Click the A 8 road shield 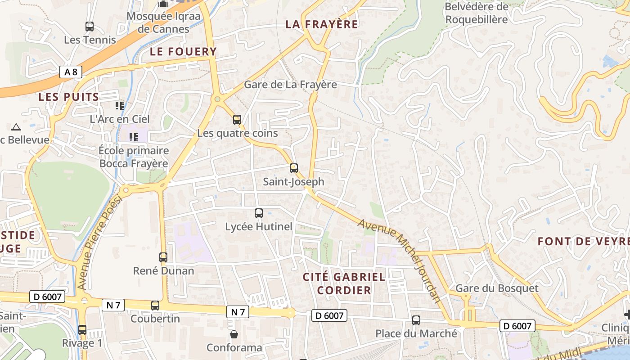pyautogui.click(x=71, y=72)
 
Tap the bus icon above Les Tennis pyautogui.click(x=90, y=27)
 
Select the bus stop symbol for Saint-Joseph pyautogui.click(x=294, y=168)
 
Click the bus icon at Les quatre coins pyautogui.click(x=237, y=120)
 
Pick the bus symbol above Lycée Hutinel pyautogui.click(x=259, y=213)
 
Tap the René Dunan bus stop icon pyautogui.click(x=163, y=257)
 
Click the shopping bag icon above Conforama pyautogui.click(x=234, y=334)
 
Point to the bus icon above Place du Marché pyautogui.click(x=416, y=320)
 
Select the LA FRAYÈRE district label pyautogui.click(x=322, y=24)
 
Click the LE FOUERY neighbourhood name pyautogui.click(x=183, y=52)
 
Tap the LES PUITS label pyautogui.click(x=68, y=97)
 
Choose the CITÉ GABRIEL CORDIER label pyautogui.click(x=344, y=283)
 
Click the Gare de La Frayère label pyautogui.click(x=290, y=85)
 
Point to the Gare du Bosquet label pyautogui.click(x=497, y=288)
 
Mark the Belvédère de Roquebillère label pyautogui.click(x=477, y=13)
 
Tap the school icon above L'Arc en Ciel pyautogui.click(x=120, y=106)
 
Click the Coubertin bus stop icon pyautogui.click(x=155, y=306)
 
